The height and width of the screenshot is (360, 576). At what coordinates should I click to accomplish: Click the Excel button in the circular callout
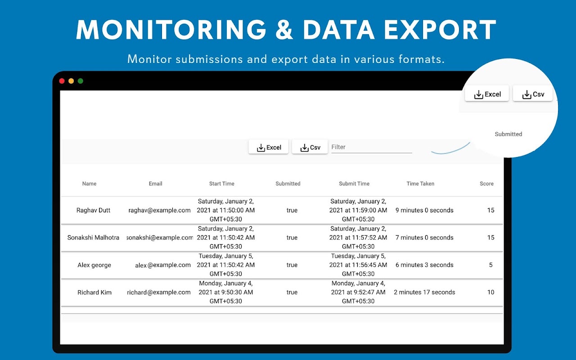coord(487,94)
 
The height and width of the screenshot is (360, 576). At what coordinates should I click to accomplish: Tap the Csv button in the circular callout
coord(532,94)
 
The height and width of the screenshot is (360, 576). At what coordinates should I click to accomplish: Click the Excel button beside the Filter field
coord(269,147)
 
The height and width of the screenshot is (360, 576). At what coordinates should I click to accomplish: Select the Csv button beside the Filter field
coord(310,147)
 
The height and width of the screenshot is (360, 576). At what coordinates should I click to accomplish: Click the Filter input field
coord(372,147)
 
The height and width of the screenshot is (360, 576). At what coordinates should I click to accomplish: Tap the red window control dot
coord(62,81)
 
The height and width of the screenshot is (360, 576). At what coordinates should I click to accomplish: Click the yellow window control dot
coord(71,81)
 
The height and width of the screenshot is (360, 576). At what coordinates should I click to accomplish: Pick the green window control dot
coord(81,81)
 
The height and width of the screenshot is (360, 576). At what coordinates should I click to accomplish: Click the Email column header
coord(156,184)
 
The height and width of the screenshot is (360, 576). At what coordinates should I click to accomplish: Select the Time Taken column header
coord(420,184)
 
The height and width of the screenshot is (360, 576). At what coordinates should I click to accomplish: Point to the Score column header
coord(486,184)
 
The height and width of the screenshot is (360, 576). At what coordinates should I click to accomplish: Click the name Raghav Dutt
coord(93,210)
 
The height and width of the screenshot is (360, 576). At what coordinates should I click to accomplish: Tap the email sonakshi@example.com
coord(160,237)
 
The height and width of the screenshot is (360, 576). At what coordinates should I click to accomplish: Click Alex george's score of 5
coord(490,265)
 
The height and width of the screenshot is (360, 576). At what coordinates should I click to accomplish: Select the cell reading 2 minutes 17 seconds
coord(424,292)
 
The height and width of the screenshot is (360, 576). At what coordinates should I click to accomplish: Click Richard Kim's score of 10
coord(490,292)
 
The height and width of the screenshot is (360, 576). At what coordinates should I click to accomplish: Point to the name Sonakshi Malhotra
coord(93,237)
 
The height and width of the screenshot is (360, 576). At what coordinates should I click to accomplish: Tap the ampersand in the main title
coord(284,30)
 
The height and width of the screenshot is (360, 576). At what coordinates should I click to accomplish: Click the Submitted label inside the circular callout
coord(508,134)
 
